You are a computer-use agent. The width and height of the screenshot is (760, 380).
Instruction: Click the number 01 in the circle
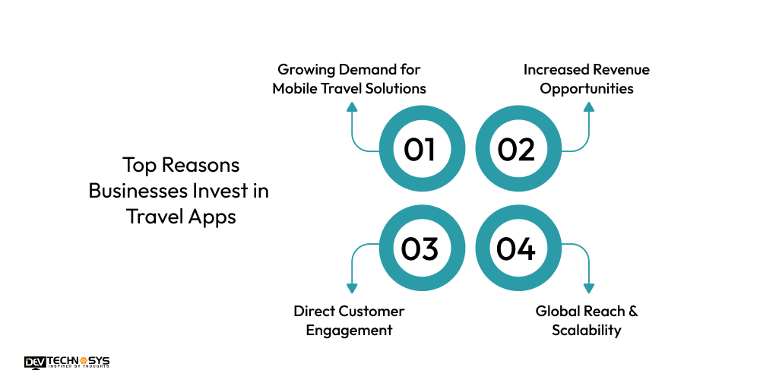(x=420, y=150)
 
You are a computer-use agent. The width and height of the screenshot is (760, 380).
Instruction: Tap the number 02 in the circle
(x=516, y=150)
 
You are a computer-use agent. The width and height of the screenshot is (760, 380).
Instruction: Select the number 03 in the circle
(x=420, y=249)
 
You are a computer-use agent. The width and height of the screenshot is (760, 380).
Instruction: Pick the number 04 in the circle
(x=516, y=249)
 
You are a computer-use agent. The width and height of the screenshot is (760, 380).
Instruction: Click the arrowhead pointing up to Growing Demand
(x=351, y=108)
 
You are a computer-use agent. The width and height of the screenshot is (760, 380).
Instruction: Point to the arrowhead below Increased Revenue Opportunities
(x=588, y=108)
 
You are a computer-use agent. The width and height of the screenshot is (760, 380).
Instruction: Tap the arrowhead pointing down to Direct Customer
(x=351, y=288)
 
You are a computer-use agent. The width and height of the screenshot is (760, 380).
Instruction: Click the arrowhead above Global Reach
(x=588, y=288)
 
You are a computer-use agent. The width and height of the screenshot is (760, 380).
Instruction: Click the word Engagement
(x=350, y=330)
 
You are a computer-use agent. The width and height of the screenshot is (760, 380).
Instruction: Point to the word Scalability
(x=587, y=330)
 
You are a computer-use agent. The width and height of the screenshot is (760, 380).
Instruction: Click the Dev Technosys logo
(x=67, y=363)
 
